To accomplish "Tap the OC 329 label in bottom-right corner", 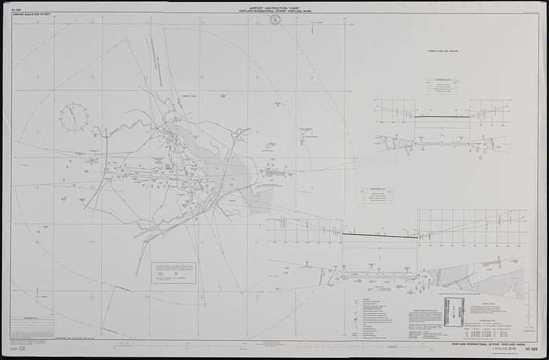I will tap(530, 349).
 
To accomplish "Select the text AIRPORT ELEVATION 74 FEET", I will tap(34, 14).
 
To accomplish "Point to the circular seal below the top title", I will tap(274, 20).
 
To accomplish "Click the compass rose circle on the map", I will tap(73, 117).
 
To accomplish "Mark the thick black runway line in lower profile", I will tap(380, 236).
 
